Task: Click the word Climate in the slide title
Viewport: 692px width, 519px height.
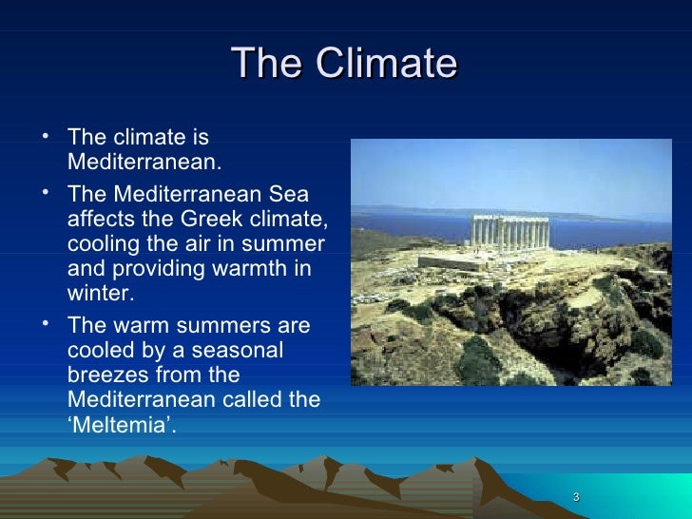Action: point(387,65)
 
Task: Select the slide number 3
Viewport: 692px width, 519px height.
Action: point(577,500)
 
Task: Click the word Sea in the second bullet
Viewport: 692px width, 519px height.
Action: point(289,195)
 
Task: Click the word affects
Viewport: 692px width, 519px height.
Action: point(100,220)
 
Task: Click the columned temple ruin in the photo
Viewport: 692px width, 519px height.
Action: point(513,233)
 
